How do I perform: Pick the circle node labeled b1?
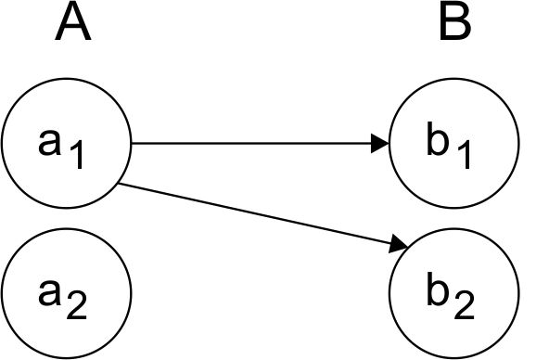click(453, 145)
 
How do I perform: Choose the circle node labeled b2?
click(453, 293)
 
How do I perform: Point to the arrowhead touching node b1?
click(380, 144)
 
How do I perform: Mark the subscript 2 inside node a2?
click(78, 306)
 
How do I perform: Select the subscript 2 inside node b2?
click(464, 306)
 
